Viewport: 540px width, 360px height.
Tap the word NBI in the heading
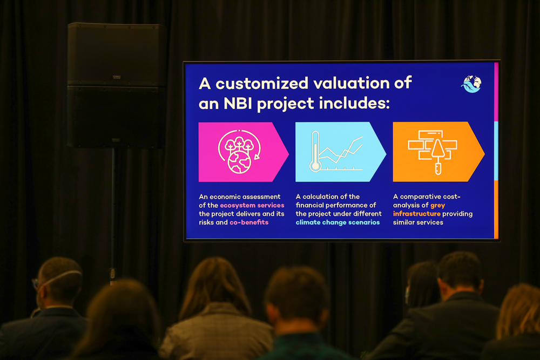[238, 103]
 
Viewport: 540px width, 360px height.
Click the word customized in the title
[262, 83]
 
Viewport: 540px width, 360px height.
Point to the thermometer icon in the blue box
[315, 152]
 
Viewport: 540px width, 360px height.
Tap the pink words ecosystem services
[252, 205]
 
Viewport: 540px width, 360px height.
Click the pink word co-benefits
[249, 222]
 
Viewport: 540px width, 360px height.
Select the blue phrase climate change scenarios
[337, 222]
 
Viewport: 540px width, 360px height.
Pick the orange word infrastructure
[417, 214]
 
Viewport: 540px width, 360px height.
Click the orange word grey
[438, 206]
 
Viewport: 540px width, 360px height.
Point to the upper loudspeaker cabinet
[117, 55]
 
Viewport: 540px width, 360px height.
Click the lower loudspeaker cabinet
[117, 117]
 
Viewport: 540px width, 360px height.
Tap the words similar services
[418, 222]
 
